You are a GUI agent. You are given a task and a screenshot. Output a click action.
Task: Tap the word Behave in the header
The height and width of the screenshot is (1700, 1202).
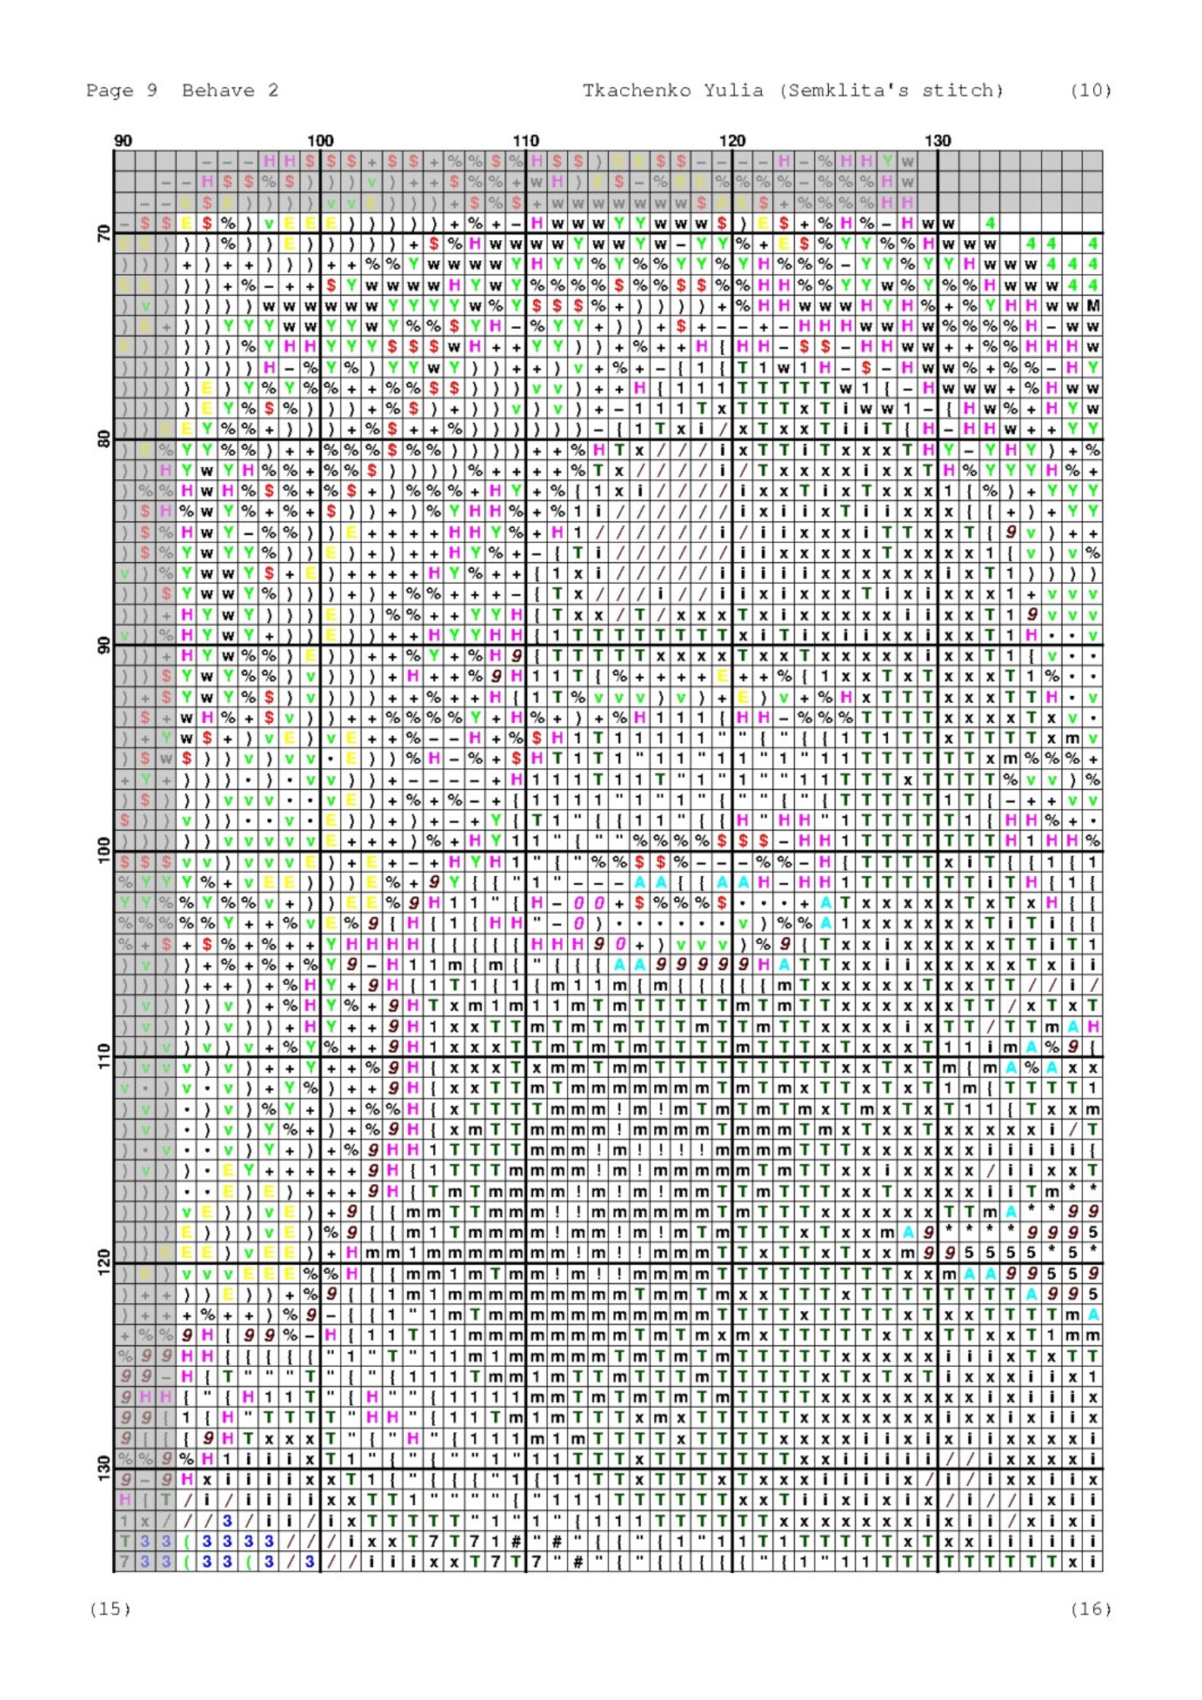(218, 91)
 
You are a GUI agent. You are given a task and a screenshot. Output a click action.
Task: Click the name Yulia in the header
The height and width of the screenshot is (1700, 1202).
(733, 91)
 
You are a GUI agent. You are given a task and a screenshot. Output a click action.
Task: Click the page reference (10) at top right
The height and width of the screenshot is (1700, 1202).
(1090, 91)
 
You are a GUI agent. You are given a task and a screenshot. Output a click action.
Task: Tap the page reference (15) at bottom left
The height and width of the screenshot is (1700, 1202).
(110, 1609)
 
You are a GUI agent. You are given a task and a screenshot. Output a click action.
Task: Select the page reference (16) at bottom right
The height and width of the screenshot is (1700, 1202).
(1090, 1609)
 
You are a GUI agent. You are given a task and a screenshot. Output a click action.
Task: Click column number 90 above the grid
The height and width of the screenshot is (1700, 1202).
(123, 141)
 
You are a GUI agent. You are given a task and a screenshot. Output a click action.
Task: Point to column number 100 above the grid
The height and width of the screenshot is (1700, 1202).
(320, 141)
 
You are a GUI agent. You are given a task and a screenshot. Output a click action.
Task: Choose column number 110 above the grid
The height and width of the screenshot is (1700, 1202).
(526, 141)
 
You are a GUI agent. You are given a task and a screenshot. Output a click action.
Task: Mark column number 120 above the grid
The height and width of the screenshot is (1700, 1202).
(732, 141)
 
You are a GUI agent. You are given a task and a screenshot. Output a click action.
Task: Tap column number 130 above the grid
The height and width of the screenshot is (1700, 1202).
(938, 141)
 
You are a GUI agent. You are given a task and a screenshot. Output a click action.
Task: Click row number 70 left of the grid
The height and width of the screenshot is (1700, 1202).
(104, 234)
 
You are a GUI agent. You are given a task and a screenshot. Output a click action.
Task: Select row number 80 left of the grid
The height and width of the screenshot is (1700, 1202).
(104, 440)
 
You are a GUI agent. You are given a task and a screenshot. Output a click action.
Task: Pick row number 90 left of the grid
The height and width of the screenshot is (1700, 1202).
(104, 645)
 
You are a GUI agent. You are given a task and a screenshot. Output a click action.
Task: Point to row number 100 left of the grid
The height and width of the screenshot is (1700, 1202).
(104, 850)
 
